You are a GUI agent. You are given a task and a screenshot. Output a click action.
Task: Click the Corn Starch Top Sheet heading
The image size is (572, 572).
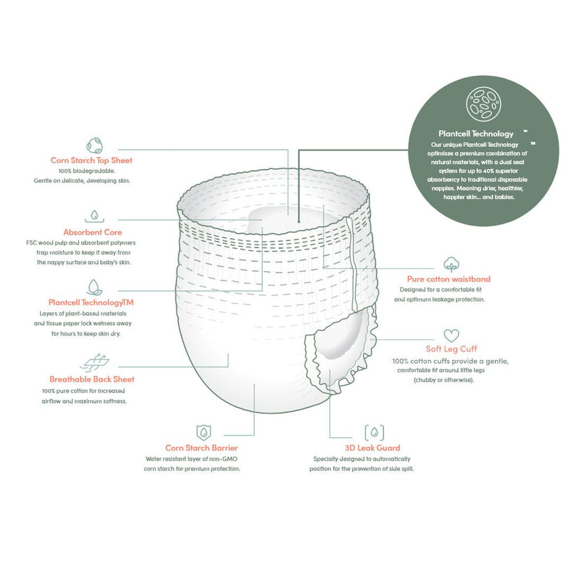pos(91,160)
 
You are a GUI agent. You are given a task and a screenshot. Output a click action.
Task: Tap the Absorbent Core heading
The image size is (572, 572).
pos(93,232)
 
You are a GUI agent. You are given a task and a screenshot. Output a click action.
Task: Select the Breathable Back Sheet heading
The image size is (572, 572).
pos(92,379)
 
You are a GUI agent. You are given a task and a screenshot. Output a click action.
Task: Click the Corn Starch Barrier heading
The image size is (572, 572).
pos(201,448)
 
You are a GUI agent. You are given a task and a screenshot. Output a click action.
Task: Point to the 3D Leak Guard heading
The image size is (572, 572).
pos(373,448)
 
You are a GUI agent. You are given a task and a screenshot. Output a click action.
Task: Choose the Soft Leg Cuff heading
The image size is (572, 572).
pos(451,349)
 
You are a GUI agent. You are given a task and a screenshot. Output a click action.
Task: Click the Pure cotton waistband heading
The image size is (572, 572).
pos(449,279)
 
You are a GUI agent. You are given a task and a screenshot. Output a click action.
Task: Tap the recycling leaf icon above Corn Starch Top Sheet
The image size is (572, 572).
pos(94,145)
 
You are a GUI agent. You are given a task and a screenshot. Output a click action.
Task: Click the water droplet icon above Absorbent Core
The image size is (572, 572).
pos(94,216)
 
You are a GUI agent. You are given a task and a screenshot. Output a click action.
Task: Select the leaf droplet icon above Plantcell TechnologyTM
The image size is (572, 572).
pos(94,288)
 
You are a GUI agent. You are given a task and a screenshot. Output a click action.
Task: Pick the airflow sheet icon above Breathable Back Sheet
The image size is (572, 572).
pos(94,361)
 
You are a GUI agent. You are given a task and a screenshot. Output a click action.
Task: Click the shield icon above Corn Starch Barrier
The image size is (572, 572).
pos(203,433)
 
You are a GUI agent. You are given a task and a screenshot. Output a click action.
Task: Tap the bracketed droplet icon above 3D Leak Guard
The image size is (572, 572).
pos(374,433)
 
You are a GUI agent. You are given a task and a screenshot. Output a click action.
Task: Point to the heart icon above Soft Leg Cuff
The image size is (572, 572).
pos(451,336)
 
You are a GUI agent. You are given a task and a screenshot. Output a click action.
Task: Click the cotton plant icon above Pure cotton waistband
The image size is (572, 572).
pos(451,264)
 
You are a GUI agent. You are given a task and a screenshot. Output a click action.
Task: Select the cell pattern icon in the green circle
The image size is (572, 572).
pos(483,104)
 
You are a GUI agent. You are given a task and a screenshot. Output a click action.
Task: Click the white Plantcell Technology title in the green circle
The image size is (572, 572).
pos(476,134)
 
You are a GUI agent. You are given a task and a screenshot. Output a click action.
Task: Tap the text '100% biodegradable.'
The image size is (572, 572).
pos(87,171)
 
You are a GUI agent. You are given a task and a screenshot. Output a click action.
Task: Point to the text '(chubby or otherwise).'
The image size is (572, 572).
pos(444,380)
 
